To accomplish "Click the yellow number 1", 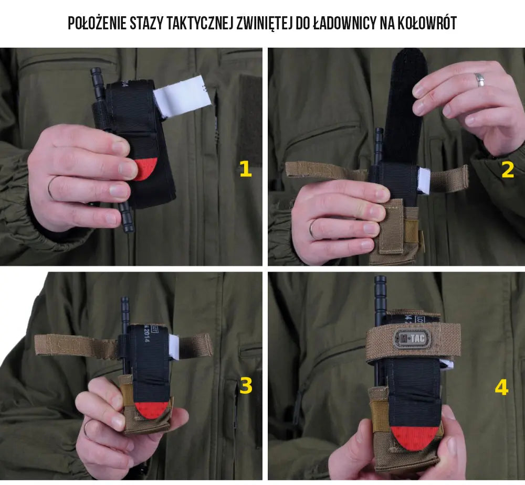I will (x=245, y=169).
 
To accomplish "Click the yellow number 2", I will (x=507, y=170).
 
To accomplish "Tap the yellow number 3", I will (x=245, y=386).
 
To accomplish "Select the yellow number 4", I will (x=501, y=388).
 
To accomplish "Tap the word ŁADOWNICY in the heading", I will (x=345, y=23).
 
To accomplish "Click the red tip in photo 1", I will (x=142, y=169).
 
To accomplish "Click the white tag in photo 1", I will (x=182, y=93).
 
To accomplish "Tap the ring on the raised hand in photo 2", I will (x=480, y=80).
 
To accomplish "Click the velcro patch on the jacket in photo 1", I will (x=250, y=121).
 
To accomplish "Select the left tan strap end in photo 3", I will (x=52, y=344).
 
